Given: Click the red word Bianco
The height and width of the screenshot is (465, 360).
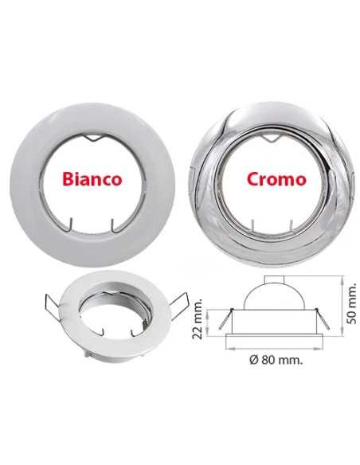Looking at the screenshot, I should (94, 178).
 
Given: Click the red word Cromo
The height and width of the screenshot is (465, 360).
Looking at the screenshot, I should (276, 178).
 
